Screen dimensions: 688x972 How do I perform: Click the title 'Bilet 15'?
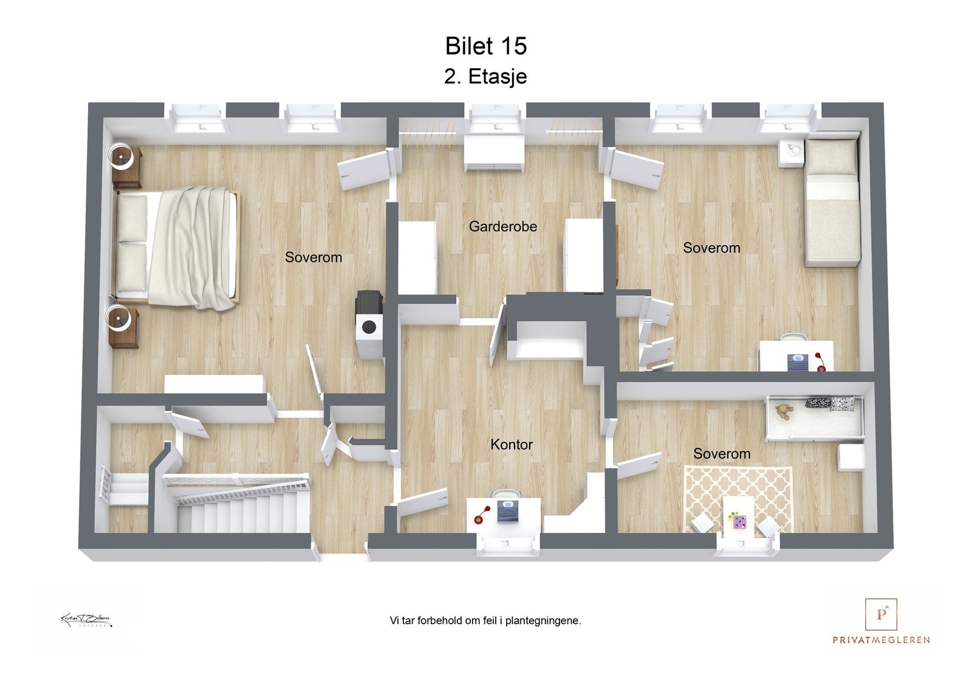tap(485, 46)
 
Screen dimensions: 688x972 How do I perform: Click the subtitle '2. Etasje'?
tap(485, 77)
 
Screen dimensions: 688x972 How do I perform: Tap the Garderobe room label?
tap(502, 227)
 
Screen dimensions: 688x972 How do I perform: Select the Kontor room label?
tap(511, 445)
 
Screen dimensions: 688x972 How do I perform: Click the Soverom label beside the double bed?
tap(313, 258)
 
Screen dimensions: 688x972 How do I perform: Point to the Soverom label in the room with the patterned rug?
tap(721, 454)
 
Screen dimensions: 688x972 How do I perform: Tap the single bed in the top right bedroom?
tap(832, 201)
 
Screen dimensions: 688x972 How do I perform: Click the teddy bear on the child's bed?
tap(784, 411)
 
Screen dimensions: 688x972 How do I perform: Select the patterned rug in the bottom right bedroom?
tap(738, 495)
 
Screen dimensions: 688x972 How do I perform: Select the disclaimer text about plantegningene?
tap(485, 621)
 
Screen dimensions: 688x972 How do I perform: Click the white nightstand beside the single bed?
tap(792, 153)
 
